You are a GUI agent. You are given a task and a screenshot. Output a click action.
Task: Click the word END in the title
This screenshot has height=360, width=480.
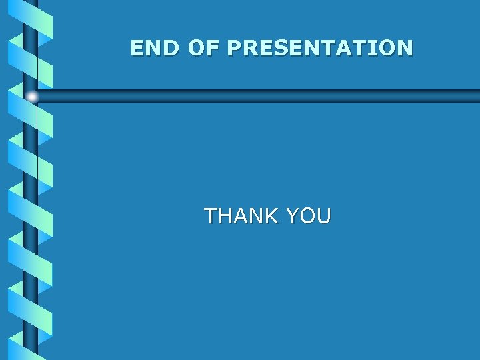pyautogui.click(x=156, y=48)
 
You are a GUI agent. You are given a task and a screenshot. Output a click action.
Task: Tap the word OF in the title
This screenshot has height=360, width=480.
pyautogui.click(x=204, y=48)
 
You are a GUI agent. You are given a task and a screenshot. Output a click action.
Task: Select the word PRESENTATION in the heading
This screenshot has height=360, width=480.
pyautogui.click(x=320, y=48)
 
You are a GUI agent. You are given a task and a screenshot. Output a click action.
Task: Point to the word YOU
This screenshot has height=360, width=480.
pyautogui.click(x=308, y=216)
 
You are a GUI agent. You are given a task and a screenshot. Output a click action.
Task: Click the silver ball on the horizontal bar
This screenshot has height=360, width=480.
pyautogui.click(x=31, y=97)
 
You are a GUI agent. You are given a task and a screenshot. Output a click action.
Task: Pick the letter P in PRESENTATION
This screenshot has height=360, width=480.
pyautogui.click(x=234, y=48)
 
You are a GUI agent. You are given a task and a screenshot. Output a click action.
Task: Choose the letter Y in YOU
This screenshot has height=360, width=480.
pyautogui.click(x=291, y=216)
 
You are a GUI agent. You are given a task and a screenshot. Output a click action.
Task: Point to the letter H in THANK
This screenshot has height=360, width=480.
pyautogui.click(x=225, y=216)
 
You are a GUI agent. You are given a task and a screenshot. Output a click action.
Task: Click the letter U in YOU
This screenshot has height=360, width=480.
pyautogui.click(x=323, y=216)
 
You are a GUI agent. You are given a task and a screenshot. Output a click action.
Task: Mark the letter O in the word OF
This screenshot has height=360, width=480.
pyautogui.click(x=197, y=48)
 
